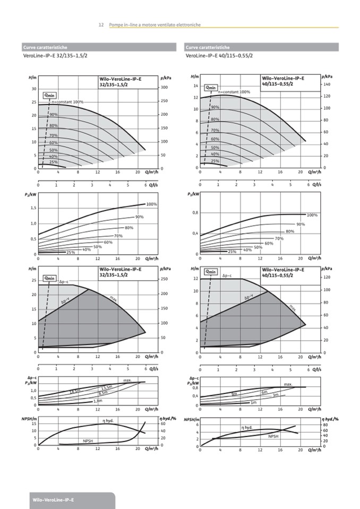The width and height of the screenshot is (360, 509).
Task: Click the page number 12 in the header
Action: (101, 25)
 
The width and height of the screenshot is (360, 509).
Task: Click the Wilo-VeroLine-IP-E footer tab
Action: (53, 500)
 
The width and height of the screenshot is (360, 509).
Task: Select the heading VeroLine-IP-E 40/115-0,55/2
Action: (219, 56)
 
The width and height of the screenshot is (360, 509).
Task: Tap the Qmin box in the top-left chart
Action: (50, 95)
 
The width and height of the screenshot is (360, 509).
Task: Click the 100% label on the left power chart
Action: (151, 204)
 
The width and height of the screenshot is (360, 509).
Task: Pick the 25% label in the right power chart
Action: (232, 252)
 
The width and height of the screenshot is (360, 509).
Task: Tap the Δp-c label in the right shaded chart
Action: (227, 275)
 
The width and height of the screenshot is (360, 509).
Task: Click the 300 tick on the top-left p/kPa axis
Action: (164, 88)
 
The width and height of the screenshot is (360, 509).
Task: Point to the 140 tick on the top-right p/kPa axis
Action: (326, 84)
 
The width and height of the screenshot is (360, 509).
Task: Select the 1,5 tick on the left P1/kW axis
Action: (33, 208)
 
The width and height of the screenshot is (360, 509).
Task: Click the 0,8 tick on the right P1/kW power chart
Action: (195, 213)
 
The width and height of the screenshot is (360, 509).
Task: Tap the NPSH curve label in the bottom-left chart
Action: (88, 441)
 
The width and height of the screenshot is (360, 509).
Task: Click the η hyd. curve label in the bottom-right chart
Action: (247, 427)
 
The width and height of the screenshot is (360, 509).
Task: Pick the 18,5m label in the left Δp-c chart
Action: (75, 392)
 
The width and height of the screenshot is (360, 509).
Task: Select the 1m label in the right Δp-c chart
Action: (254, 402)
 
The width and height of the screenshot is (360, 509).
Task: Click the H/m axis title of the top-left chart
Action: (32, 78)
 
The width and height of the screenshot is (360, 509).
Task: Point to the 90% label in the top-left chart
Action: (54, 115)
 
